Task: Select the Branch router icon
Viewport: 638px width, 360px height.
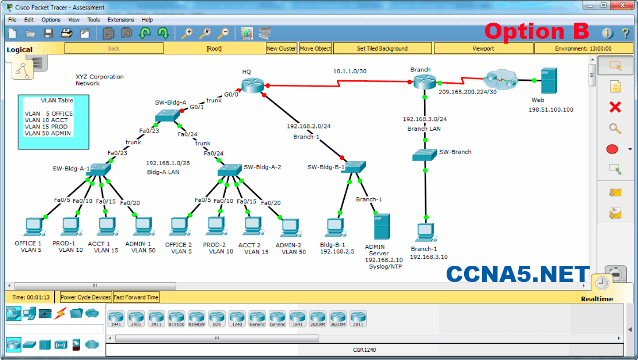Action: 425,82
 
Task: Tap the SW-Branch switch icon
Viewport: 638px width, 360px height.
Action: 425,154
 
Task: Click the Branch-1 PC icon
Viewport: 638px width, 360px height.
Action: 425,232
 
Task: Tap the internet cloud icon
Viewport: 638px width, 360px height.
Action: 501,78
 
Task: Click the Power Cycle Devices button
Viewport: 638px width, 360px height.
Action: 85,297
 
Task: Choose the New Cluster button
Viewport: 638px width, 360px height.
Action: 281,49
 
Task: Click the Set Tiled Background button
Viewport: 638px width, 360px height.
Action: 382,49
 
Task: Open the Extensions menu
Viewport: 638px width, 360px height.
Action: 120,20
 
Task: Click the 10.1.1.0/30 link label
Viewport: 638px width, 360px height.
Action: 350,72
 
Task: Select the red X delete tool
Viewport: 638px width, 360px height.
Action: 615,107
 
